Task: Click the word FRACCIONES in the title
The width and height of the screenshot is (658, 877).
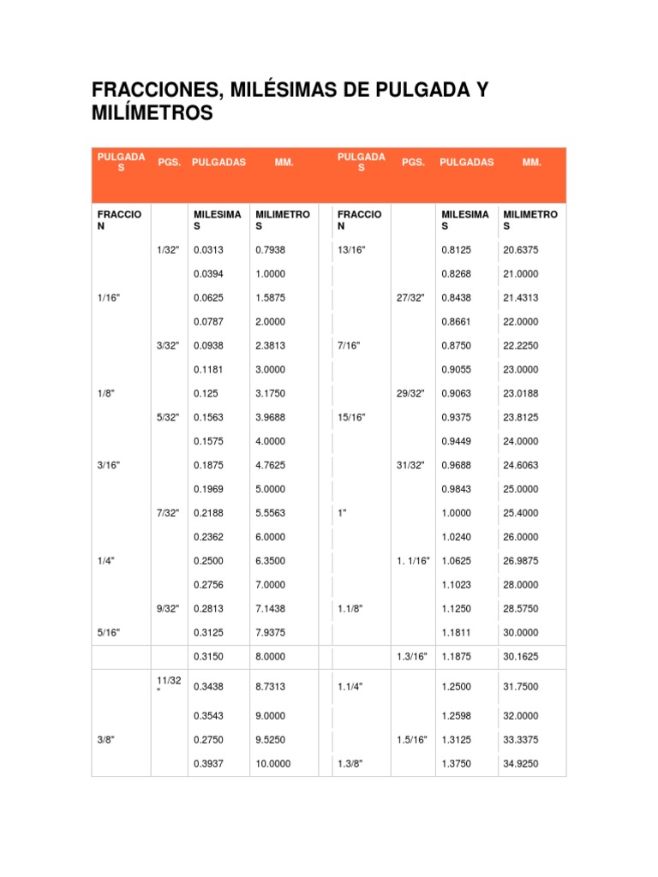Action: [153, 90]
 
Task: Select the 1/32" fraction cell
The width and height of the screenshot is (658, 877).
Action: [167, 250]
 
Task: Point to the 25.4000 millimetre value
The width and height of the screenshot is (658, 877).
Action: [521, 513]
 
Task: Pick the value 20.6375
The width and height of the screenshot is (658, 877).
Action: [521, 250]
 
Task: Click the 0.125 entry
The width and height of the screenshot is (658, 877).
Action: [205, 393]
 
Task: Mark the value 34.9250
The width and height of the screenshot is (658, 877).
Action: [521, 763]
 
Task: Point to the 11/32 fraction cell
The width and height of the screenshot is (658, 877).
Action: [169, 681]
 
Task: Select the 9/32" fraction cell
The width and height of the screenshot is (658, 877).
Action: [167, 608]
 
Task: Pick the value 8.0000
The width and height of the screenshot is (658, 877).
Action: [271, 656]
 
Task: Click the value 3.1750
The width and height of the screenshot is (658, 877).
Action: [271, 393]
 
